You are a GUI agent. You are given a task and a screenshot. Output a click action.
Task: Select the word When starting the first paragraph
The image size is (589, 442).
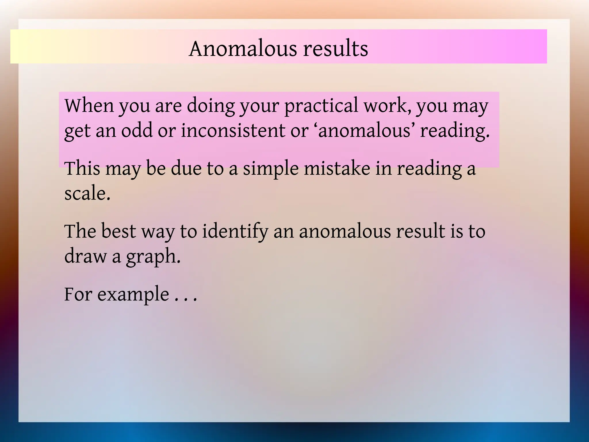(x=89, y=106)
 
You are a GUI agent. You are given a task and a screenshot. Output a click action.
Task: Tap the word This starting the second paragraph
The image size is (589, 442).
(x=82, y=168)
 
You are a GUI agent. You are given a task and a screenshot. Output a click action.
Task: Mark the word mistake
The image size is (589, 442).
(x=337, y=168)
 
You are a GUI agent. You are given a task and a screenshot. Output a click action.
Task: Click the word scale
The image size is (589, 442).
(x=87, y=193)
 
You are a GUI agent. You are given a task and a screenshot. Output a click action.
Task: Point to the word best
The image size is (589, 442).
(x=118, y=231)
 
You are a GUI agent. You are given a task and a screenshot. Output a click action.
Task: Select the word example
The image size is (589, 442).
(x=133, y=294)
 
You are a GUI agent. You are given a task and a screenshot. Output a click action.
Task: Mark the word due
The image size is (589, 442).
(x=186, y=168)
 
